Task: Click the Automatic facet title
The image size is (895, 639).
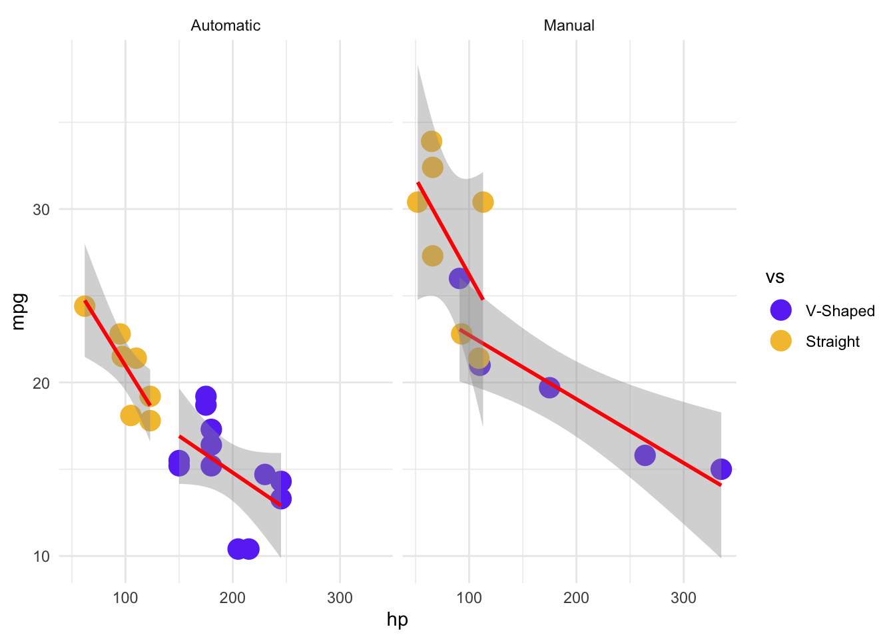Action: [225, 26]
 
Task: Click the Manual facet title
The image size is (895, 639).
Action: [569, 26]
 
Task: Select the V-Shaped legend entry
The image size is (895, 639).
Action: [840, 311]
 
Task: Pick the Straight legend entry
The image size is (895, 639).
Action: [832, 341]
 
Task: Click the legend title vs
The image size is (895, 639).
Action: [774, 277]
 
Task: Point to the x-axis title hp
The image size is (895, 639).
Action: [397, 620]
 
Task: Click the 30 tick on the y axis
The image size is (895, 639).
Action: [41, 210]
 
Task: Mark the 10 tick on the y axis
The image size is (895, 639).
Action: [41, 556]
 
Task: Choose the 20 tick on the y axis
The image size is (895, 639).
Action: [41, 383]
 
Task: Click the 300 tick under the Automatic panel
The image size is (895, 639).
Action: [340, 598]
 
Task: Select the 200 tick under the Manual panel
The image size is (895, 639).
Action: [576, 598]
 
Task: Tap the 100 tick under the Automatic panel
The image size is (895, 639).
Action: [125, 598]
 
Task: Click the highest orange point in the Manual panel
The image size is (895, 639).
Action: [432, 141]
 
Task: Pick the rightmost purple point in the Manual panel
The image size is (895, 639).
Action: [721, 469]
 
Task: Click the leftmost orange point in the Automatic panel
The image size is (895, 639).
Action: [85, 306]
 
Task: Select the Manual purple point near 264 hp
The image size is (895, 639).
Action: [645, 455]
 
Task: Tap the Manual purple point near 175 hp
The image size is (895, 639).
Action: [549, 387]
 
